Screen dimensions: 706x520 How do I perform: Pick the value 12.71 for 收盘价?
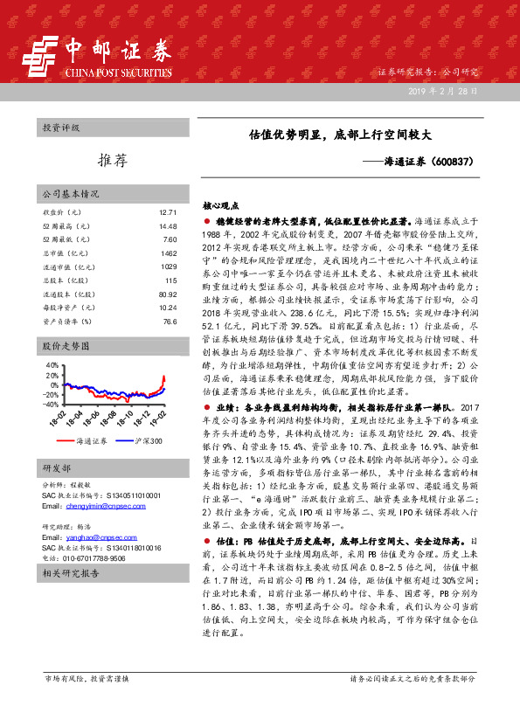click(x=169, y=212)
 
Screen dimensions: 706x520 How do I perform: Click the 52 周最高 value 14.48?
click(x=169, y=226)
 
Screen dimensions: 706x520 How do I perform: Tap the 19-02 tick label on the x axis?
click(x=159, y=420)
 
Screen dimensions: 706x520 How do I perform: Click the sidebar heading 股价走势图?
click(x=68, y=346)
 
